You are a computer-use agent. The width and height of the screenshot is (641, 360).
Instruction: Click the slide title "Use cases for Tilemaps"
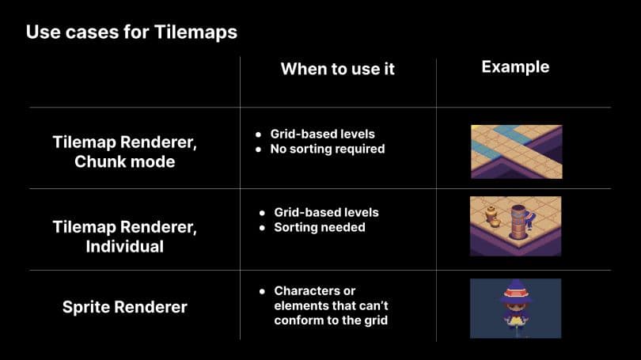tap(131, 32)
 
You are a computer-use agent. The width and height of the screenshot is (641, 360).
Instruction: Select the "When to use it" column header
tap(338, 69)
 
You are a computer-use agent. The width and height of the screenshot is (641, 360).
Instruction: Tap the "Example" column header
tap(515, 67)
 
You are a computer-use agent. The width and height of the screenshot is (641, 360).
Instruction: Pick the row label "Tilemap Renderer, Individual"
tap(124, 237)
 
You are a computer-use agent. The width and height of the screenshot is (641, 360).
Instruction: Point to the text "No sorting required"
tap(327, 149)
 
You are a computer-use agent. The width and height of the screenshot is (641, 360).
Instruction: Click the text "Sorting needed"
tap(320, 227)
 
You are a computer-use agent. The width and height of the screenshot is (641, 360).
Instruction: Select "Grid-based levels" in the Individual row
tap(326, 213)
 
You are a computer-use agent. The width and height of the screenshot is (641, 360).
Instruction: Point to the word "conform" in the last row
tap(298, 320)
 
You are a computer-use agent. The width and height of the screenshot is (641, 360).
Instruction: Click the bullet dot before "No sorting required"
tap(260, 149)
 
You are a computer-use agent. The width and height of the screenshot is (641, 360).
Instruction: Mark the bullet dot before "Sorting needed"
tap(263, 227)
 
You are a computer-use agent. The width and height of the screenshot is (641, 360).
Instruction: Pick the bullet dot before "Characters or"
tap(263, 291)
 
